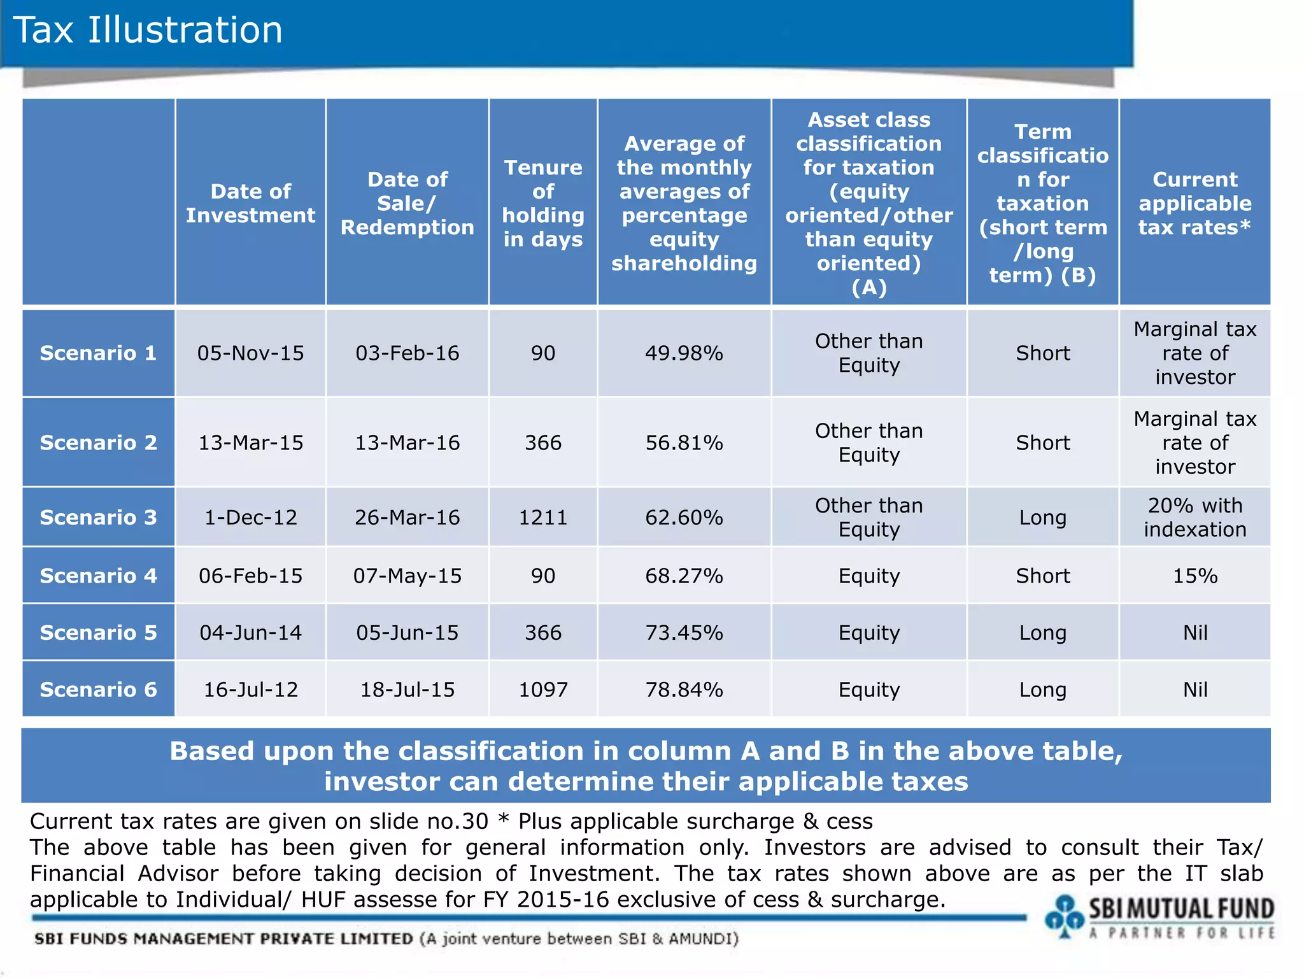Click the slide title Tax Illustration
point(148,30)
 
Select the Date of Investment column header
point(250,203)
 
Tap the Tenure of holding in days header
point(543,203)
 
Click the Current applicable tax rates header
point(1194,203)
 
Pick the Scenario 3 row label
point(98,517)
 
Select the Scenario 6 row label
point(98,689)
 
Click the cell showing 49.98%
point(684,353)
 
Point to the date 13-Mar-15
point(250,443)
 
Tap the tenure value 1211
point(543,517)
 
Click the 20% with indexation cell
point(1194,517)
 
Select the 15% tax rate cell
point(1194,576)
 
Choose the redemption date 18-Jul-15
point(407,689)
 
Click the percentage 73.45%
point(684,632)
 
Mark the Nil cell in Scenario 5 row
point(1194,632)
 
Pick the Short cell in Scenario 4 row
point(1042,576)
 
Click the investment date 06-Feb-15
point(250,576)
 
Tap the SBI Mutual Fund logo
point(1159,917)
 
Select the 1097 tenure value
point(543,689)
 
